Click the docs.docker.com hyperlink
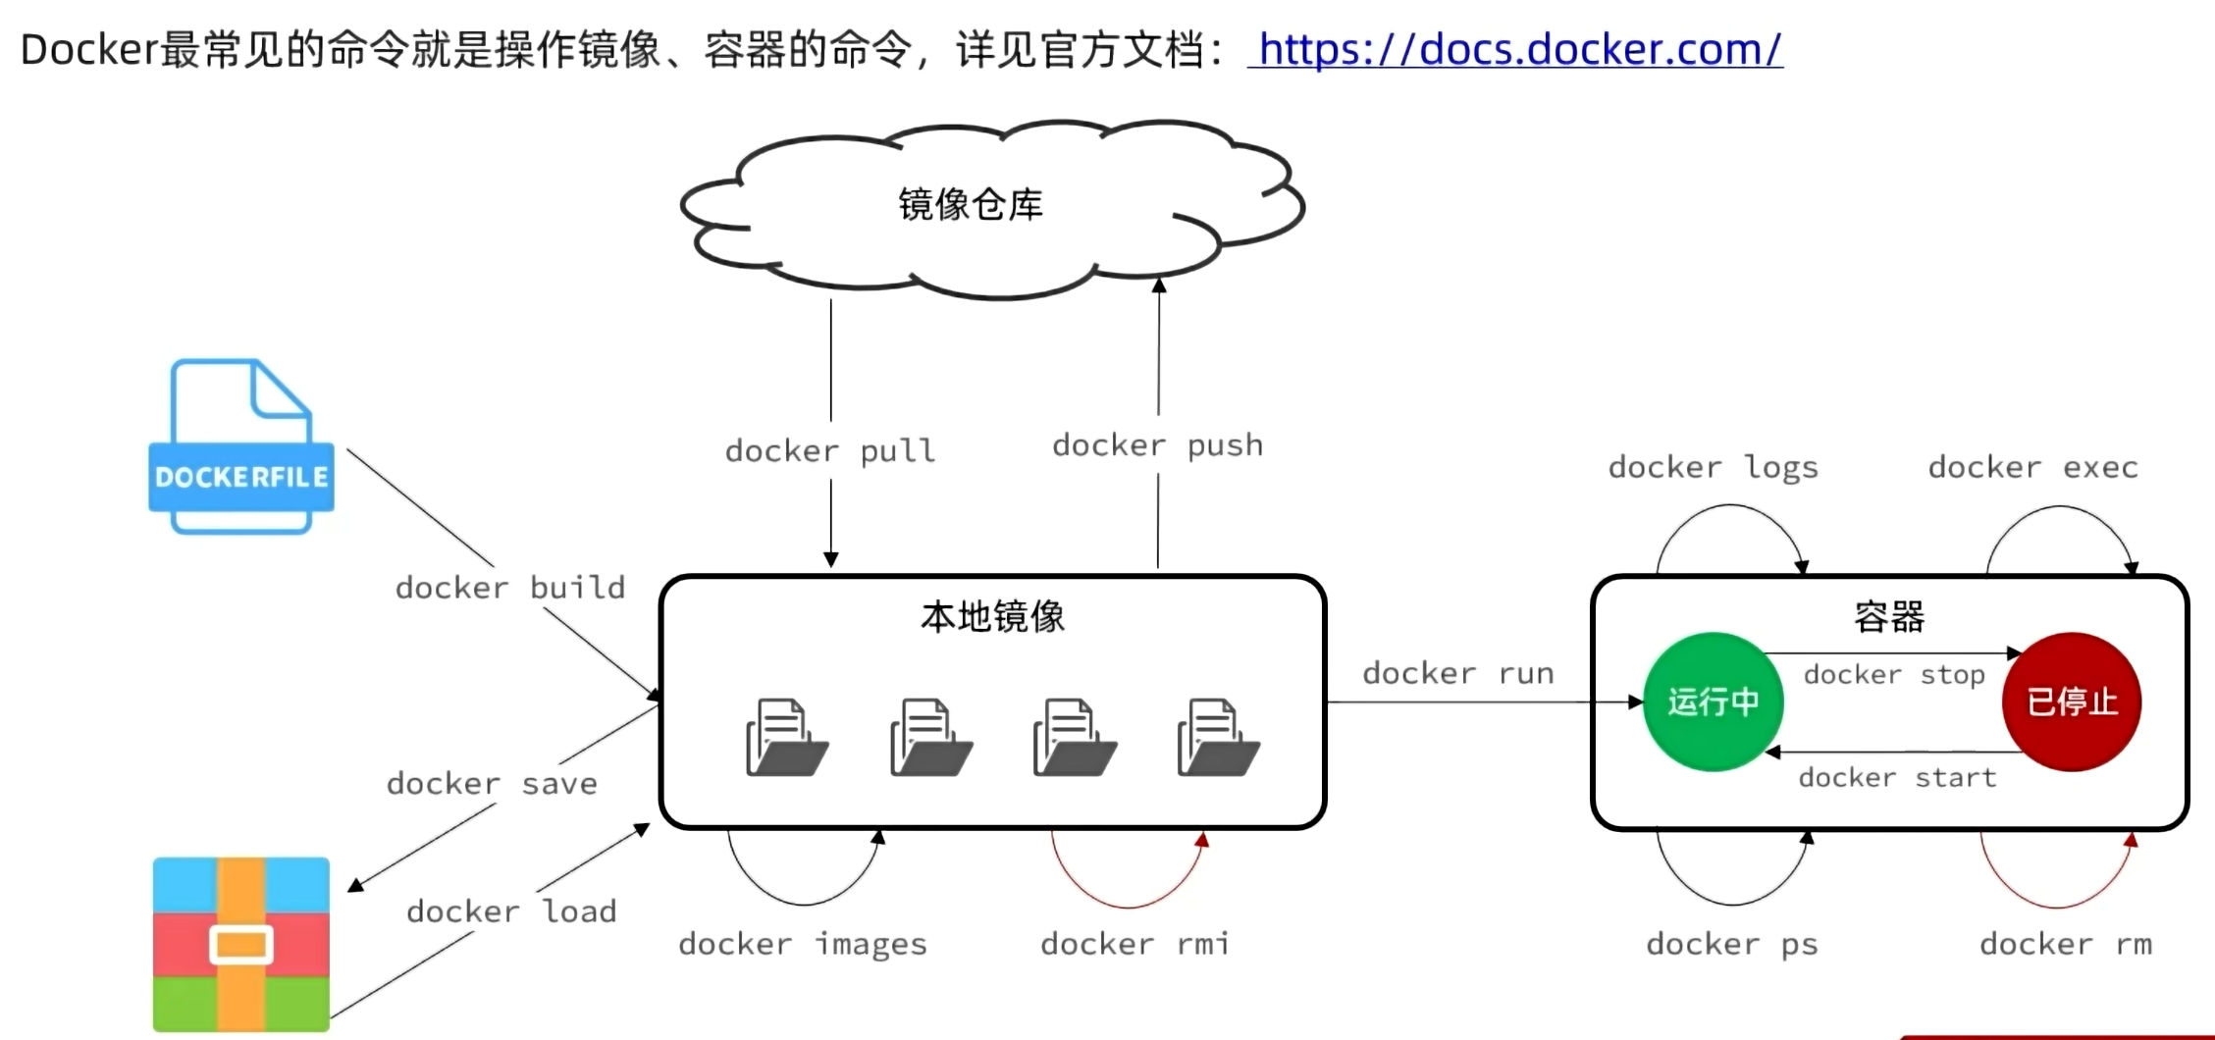pyautogui.click(x=1515, y=49)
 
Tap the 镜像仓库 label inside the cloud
pyautogui.click(x=971, y=205)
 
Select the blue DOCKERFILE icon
pyautogui.click(x=241, y=447)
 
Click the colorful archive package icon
pyautogui.click(x=241, y=944)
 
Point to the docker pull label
pyautogui.click(x=830, y=450)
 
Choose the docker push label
pyautogui.click(x=1158, y=445)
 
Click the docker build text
pyautogui.click(x=510, y=588)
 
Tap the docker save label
pyautogui.click(x=492, y=784)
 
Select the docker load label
pyautogui.click(x=511, y=911)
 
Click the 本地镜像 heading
pyautogui.click(x=992, y=617)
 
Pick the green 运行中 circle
pyautogui.click(x=1713, y=702)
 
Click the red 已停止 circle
pyautogui.click(x=2072, y=702)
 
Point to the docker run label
pyautogui.click(x=1458, y=674)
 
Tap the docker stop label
pyautogui.click(x=1894, y=675)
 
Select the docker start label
pyautogui.click(x=1897, y=778)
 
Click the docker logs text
pyautogui.click(x=1713, y=468)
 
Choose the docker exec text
pyautogui.click(x=2032, y=468)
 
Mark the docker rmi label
pyautogui.click(x=1134, y=944)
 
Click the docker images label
pyautogui.click(x=803, y=944)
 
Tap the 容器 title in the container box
pyautogui.click(x=1889, y=617)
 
